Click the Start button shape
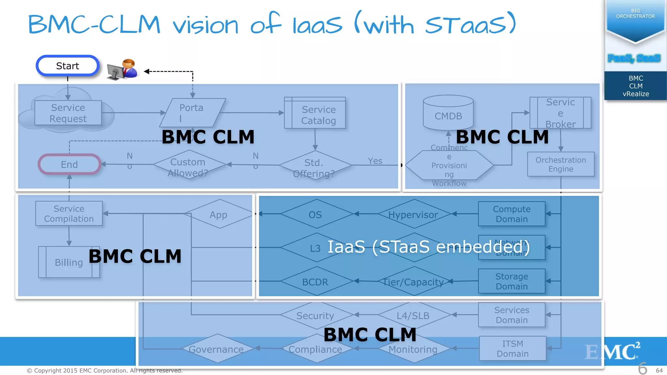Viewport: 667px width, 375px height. (67, 66)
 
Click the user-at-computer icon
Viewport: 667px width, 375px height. (122, 69)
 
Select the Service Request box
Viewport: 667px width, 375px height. (68, 113)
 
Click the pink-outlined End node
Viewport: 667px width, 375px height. (69, 164)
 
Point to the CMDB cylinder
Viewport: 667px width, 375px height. (448, 112)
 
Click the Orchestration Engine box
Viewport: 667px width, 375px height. (561, 164)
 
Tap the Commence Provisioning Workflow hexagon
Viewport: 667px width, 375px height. (449, 165)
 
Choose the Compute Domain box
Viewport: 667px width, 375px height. (511, 214)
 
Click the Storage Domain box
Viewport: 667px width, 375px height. (511, 281)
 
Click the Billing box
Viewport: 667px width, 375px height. (69, 262)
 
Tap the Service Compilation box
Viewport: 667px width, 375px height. (69, 214)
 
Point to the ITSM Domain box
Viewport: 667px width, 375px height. (512, 348)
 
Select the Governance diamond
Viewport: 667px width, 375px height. (217, 349)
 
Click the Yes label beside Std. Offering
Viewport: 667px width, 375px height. (375, 161)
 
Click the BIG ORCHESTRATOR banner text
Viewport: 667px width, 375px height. (635, 14)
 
